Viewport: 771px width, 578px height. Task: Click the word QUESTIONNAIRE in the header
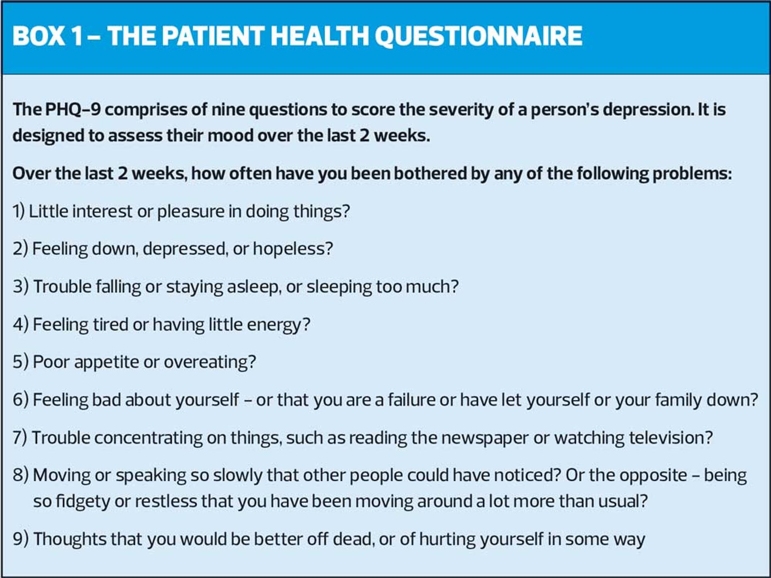click(x=478, y=36)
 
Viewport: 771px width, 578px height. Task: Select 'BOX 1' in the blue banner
click(x=48, y=36)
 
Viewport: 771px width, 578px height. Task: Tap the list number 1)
click(x=18, y=211)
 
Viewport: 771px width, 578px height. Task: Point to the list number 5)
click(x=20, y=362)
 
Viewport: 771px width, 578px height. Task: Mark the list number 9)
click(x=20, y=539)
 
